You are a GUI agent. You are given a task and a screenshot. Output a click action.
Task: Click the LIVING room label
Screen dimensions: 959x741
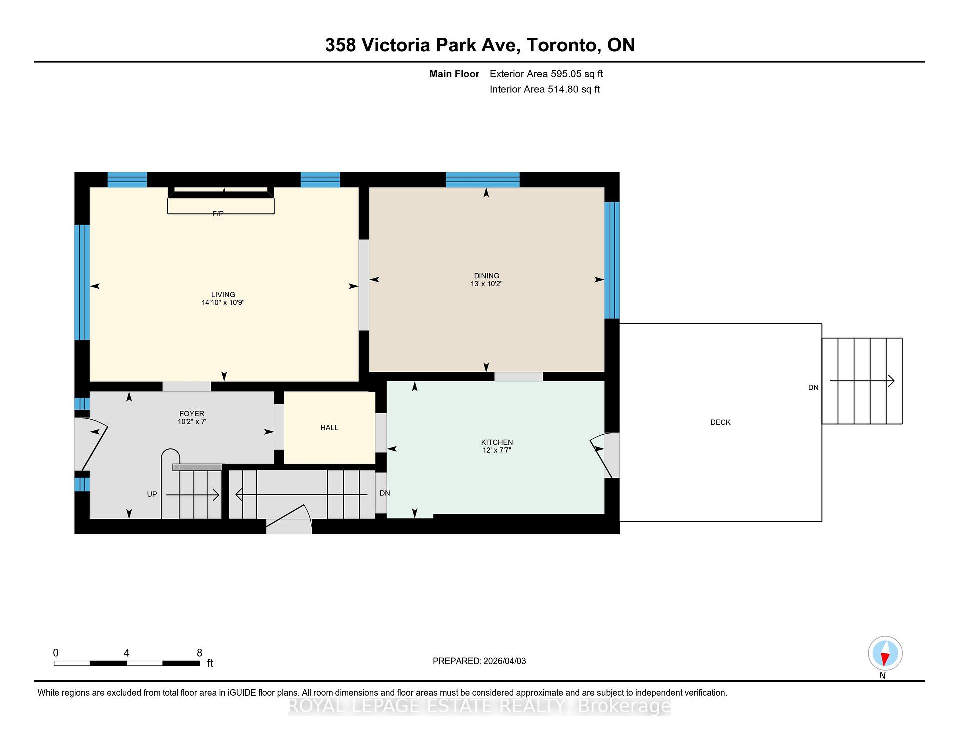223,295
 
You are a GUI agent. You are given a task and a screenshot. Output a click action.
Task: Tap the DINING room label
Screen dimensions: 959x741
486,276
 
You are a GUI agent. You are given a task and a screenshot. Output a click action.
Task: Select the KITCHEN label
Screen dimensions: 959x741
497,442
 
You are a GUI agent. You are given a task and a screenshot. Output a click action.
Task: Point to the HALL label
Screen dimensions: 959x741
329,428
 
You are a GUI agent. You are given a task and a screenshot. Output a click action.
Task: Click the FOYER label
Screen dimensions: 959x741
192,414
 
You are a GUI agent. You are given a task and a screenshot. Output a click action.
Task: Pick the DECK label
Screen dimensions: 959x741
720,422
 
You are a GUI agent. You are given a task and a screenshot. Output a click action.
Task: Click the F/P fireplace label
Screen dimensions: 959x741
218,214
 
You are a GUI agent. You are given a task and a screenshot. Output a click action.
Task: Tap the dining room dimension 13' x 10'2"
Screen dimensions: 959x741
486,284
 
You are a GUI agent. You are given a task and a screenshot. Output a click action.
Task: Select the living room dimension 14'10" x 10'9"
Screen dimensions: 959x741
223,303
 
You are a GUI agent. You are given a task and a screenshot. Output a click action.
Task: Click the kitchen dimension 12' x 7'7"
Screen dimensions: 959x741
497,450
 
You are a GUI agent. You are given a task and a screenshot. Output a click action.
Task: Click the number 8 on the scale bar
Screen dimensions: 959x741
199,653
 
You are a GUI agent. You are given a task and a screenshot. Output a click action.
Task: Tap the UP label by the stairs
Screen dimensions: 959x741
152,494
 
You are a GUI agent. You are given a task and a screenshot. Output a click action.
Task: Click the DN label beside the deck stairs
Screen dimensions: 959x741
813,387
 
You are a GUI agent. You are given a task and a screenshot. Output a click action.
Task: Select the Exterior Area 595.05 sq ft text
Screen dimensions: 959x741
546,74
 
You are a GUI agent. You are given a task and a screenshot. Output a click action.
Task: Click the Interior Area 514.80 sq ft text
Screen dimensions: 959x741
545,89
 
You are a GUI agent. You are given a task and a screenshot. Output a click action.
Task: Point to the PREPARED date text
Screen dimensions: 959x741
479,661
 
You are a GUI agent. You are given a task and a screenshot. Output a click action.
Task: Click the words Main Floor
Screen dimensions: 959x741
454,74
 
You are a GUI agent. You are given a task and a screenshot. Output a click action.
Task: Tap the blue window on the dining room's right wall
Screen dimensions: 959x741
612,260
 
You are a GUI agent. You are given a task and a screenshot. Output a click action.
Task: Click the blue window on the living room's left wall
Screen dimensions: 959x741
82,282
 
